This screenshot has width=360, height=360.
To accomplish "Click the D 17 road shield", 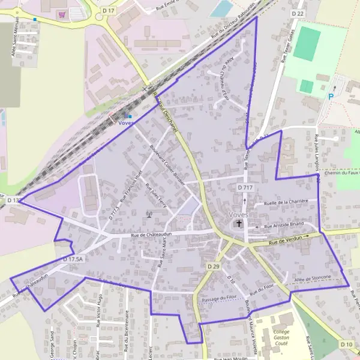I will point(108,10).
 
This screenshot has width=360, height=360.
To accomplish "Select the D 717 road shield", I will point(245,188).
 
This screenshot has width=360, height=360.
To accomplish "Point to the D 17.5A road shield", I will point(71,259).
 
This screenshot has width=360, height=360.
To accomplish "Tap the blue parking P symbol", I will point(331,96).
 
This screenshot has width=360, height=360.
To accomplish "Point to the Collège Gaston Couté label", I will point(281,339).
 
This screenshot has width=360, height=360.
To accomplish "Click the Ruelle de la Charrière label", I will point(286,202).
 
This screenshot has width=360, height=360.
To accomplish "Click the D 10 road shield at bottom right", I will point(346,344).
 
